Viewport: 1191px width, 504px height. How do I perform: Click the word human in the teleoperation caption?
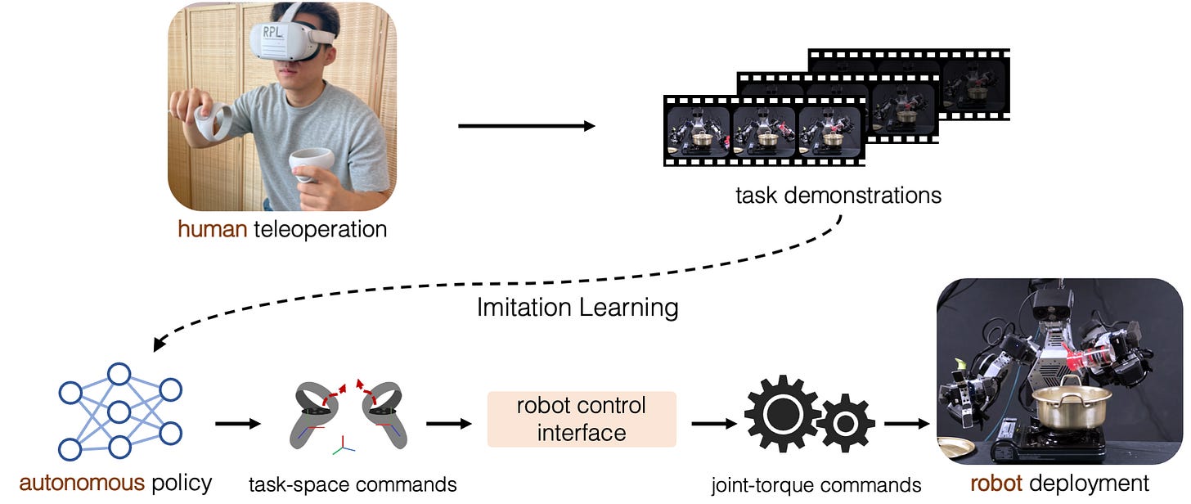tap(213, 229)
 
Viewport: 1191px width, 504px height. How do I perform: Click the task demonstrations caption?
tap(838, 196)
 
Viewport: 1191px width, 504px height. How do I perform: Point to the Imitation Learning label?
tap(578, 308)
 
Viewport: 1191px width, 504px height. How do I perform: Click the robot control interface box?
tap(582, 419)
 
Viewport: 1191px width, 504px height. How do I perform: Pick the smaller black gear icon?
tap(846, 423)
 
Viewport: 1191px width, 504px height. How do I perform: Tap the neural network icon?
tap(119, 411)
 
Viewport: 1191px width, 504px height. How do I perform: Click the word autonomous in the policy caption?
tap(82, 483)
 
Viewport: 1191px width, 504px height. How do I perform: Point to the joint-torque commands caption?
tap(816, 484)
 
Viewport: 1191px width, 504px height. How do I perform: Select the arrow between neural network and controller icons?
tap(238, 424)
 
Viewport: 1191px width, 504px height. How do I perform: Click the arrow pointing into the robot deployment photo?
tap(908, 424)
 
